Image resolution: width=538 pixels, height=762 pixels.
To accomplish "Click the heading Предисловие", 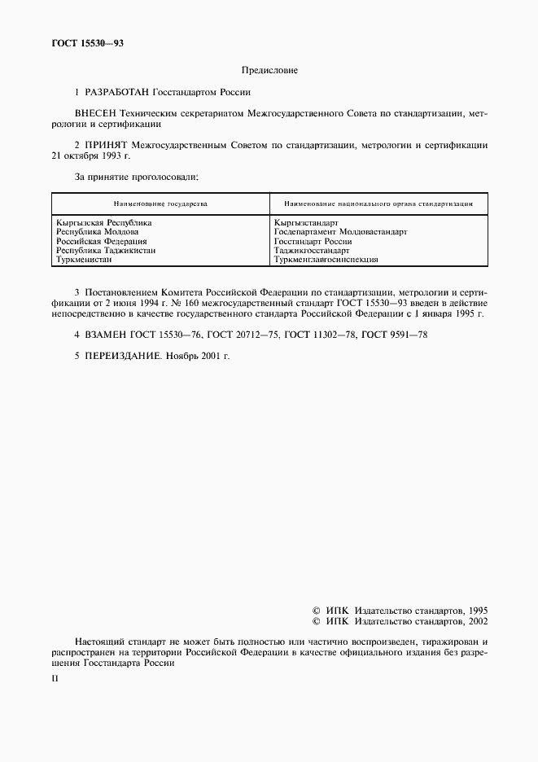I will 269,71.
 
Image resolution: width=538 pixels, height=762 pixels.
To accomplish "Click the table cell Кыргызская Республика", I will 104,221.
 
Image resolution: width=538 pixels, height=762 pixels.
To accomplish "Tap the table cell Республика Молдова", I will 97,231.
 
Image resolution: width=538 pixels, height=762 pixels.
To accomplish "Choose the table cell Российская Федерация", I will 101,241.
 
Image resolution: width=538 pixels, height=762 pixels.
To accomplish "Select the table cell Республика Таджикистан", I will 106,251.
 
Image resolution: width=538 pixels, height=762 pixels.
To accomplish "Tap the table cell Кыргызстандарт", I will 306,221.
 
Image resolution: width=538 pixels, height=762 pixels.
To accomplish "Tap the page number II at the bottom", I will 55,677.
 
